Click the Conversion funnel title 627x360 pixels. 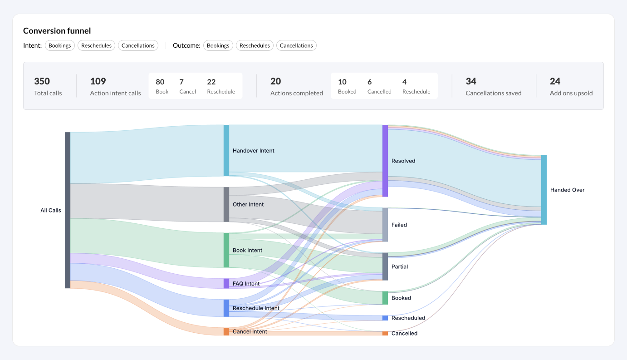(x=57, y=31)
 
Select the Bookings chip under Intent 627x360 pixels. (x=60, y=45)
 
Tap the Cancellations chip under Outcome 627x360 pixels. (x=296, y=45)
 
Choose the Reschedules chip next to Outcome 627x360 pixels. (x=255, y=45)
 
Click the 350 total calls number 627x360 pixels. (x=42, y=81)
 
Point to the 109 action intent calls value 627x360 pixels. (x=98, y=81)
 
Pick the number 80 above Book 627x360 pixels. (x=160, y=82)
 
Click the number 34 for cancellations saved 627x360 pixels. (x=471, y=81)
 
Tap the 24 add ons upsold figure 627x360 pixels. (x=555, y=81)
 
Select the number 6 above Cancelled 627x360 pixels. (x=370, y=82)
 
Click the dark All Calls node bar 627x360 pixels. (x=68, y=210)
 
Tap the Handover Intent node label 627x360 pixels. (x=253, y=151)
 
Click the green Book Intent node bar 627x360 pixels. (x=226, y=250)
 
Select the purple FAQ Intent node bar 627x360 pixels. (x=226, y=284)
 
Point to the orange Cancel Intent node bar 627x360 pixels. (x=226, y=331)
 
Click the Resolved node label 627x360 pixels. (x=403, y=161)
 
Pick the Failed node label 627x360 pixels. (x=399, y=225)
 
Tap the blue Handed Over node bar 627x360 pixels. (x=544, y=190)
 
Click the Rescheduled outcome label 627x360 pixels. (x=408, y=318)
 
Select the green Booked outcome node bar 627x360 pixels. (x=385, y=298)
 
